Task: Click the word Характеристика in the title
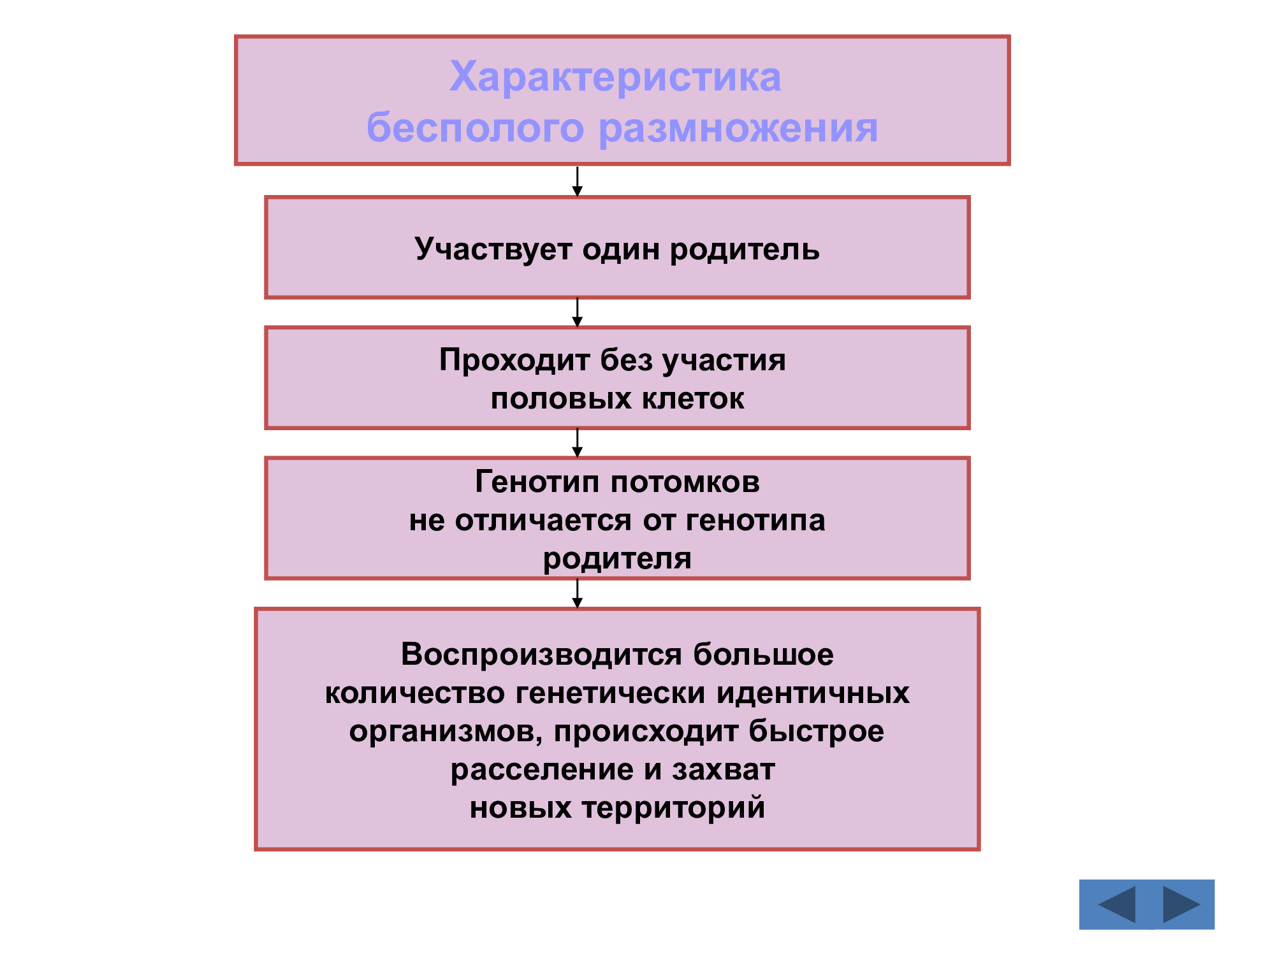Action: pos(615,77)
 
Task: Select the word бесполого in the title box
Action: pos(475,127)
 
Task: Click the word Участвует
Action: pos(493,249)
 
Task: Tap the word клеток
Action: pos(693,399)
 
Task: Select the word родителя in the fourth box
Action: pos(617,559)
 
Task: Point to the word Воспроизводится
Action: pos(542,655)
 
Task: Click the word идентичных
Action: pos(813,693)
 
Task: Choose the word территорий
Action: pos(673,808)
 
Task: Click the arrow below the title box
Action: pos(578,182)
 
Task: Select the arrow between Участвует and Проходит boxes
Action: pos(578,312)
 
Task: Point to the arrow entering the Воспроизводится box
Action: pos(578,594)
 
